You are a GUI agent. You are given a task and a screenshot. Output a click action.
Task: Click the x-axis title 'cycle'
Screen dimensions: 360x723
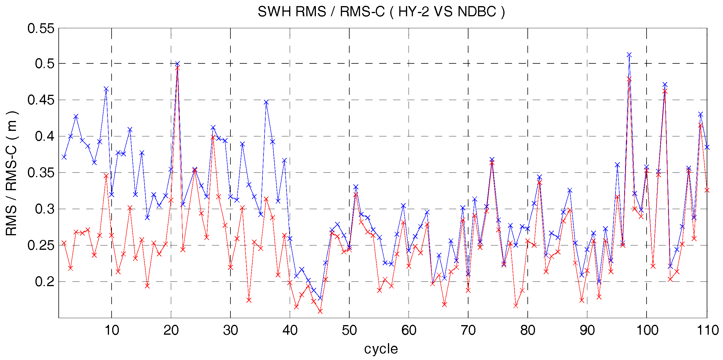pyautogui.click(x=381, y=349)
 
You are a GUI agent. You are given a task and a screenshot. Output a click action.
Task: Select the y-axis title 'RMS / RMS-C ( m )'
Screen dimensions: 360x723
pyautogui.click(x=12, y=173)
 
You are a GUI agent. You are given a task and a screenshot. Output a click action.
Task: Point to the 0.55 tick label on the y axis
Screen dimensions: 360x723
pyautogui.click(x=41, y=28)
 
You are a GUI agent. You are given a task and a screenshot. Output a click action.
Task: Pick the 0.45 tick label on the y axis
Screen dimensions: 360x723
pyautogui.click(x=41, y=100)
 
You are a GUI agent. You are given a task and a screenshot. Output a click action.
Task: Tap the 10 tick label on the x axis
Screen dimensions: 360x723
pyautogui.click(x=112, y=331)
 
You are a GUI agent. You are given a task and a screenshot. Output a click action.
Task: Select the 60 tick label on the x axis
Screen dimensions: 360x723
pyautogui.click(x=409, y=331)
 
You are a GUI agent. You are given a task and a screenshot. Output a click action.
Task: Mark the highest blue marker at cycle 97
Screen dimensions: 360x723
pyautogui.click(x=629, y=55)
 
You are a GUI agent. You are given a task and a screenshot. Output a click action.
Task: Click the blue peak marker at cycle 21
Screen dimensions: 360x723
pyautogui.click(x=177, y=63)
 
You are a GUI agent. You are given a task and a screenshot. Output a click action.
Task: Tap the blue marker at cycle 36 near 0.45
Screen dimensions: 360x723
pyautogui.click(x=266, y=102)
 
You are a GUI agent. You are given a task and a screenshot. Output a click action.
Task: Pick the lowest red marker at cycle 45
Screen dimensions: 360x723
pyautogui.click(x=320, y=311)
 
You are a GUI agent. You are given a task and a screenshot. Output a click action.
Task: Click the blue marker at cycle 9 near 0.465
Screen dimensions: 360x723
pyautogui.click(x=106, y=89)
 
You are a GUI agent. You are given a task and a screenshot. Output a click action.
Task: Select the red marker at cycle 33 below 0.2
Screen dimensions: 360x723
pyautogui.click(x=249, y=300)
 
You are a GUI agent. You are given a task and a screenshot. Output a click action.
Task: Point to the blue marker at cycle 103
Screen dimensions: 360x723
pyautogui.click(x=665, y=85)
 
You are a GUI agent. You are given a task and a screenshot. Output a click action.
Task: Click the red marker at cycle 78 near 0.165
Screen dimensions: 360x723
pyautogui.click(x=516, y=306)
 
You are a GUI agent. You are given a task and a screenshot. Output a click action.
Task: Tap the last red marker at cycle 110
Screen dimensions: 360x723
pyautogui.click(x=707, y=190)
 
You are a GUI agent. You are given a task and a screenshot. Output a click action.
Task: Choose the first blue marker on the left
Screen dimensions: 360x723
pyautogui.click(x=64, y=157)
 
